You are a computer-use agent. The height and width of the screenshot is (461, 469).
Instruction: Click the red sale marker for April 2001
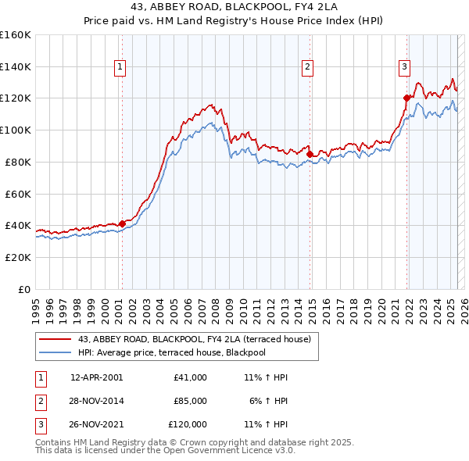point(122,223)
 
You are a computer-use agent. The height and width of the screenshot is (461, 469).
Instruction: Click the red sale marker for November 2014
point(310,154)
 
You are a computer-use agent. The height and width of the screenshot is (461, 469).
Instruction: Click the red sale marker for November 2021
point(406,98)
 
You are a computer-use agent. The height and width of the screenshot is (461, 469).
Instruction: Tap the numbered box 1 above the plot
point(120,68)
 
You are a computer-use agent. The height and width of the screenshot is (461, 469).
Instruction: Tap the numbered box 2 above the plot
point(308,68)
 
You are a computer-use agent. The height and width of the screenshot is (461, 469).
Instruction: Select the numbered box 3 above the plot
point(405,68)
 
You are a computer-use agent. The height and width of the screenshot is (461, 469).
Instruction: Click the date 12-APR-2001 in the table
point(96,377)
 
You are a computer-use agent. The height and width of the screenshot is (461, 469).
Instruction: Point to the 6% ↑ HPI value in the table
point(269,401)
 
